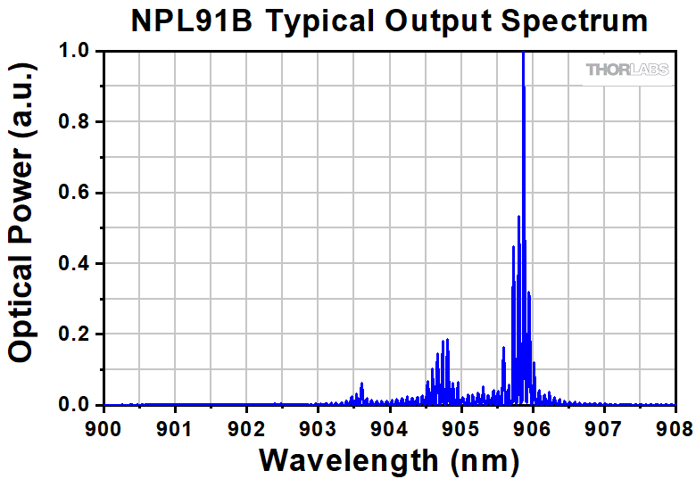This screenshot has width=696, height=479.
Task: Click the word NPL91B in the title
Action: (x=189, y=21)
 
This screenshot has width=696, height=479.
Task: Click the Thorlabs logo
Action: (x=626, y=69)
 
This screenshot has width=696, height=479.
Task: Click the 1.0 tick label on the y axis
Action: (x=75, y=52)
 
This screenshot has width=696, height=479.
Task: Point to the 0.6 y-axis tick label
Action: (x=75, y=193)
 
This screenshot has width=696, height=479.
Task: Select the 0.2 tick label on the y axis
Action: (x=75, y=334)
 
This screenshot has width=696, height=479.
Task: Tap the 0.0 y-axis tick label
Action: (x=75, y=405)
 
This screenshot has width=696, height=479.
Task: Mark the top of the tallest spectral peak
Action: (x=523, y=54)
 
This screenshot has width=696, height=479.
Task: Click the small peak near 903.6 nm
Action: (x=361, y=384)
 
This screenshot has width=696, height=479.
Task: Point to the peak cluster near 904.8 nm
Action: (x=444, y=343)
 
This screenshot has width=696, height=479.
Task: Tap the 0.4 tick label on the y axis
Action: (x=75, y=264)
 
